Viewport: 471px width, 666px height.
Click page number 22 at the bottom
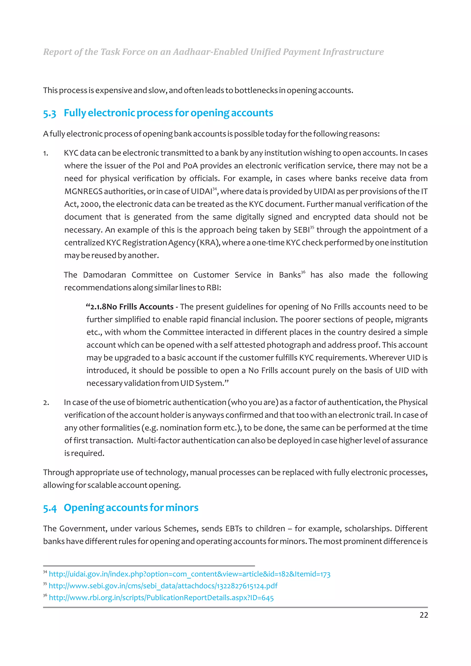click(423, 615)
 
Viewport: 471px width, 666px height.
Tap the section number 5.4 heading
click(50, 508)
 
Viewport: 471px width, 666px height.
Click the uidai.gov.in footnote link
click(190, 574)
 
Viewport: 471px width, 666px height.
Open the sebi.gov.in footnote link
click(163, 586)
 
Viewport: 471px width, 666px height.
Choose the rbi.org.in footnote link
click(161, 598)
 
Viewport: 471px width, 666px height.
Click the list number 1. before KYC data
click(46, 153)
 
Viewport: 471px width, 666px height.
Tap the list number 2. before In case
click(46, 403)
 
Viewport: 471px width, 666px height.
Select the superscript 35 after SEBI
click(312, 227)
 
